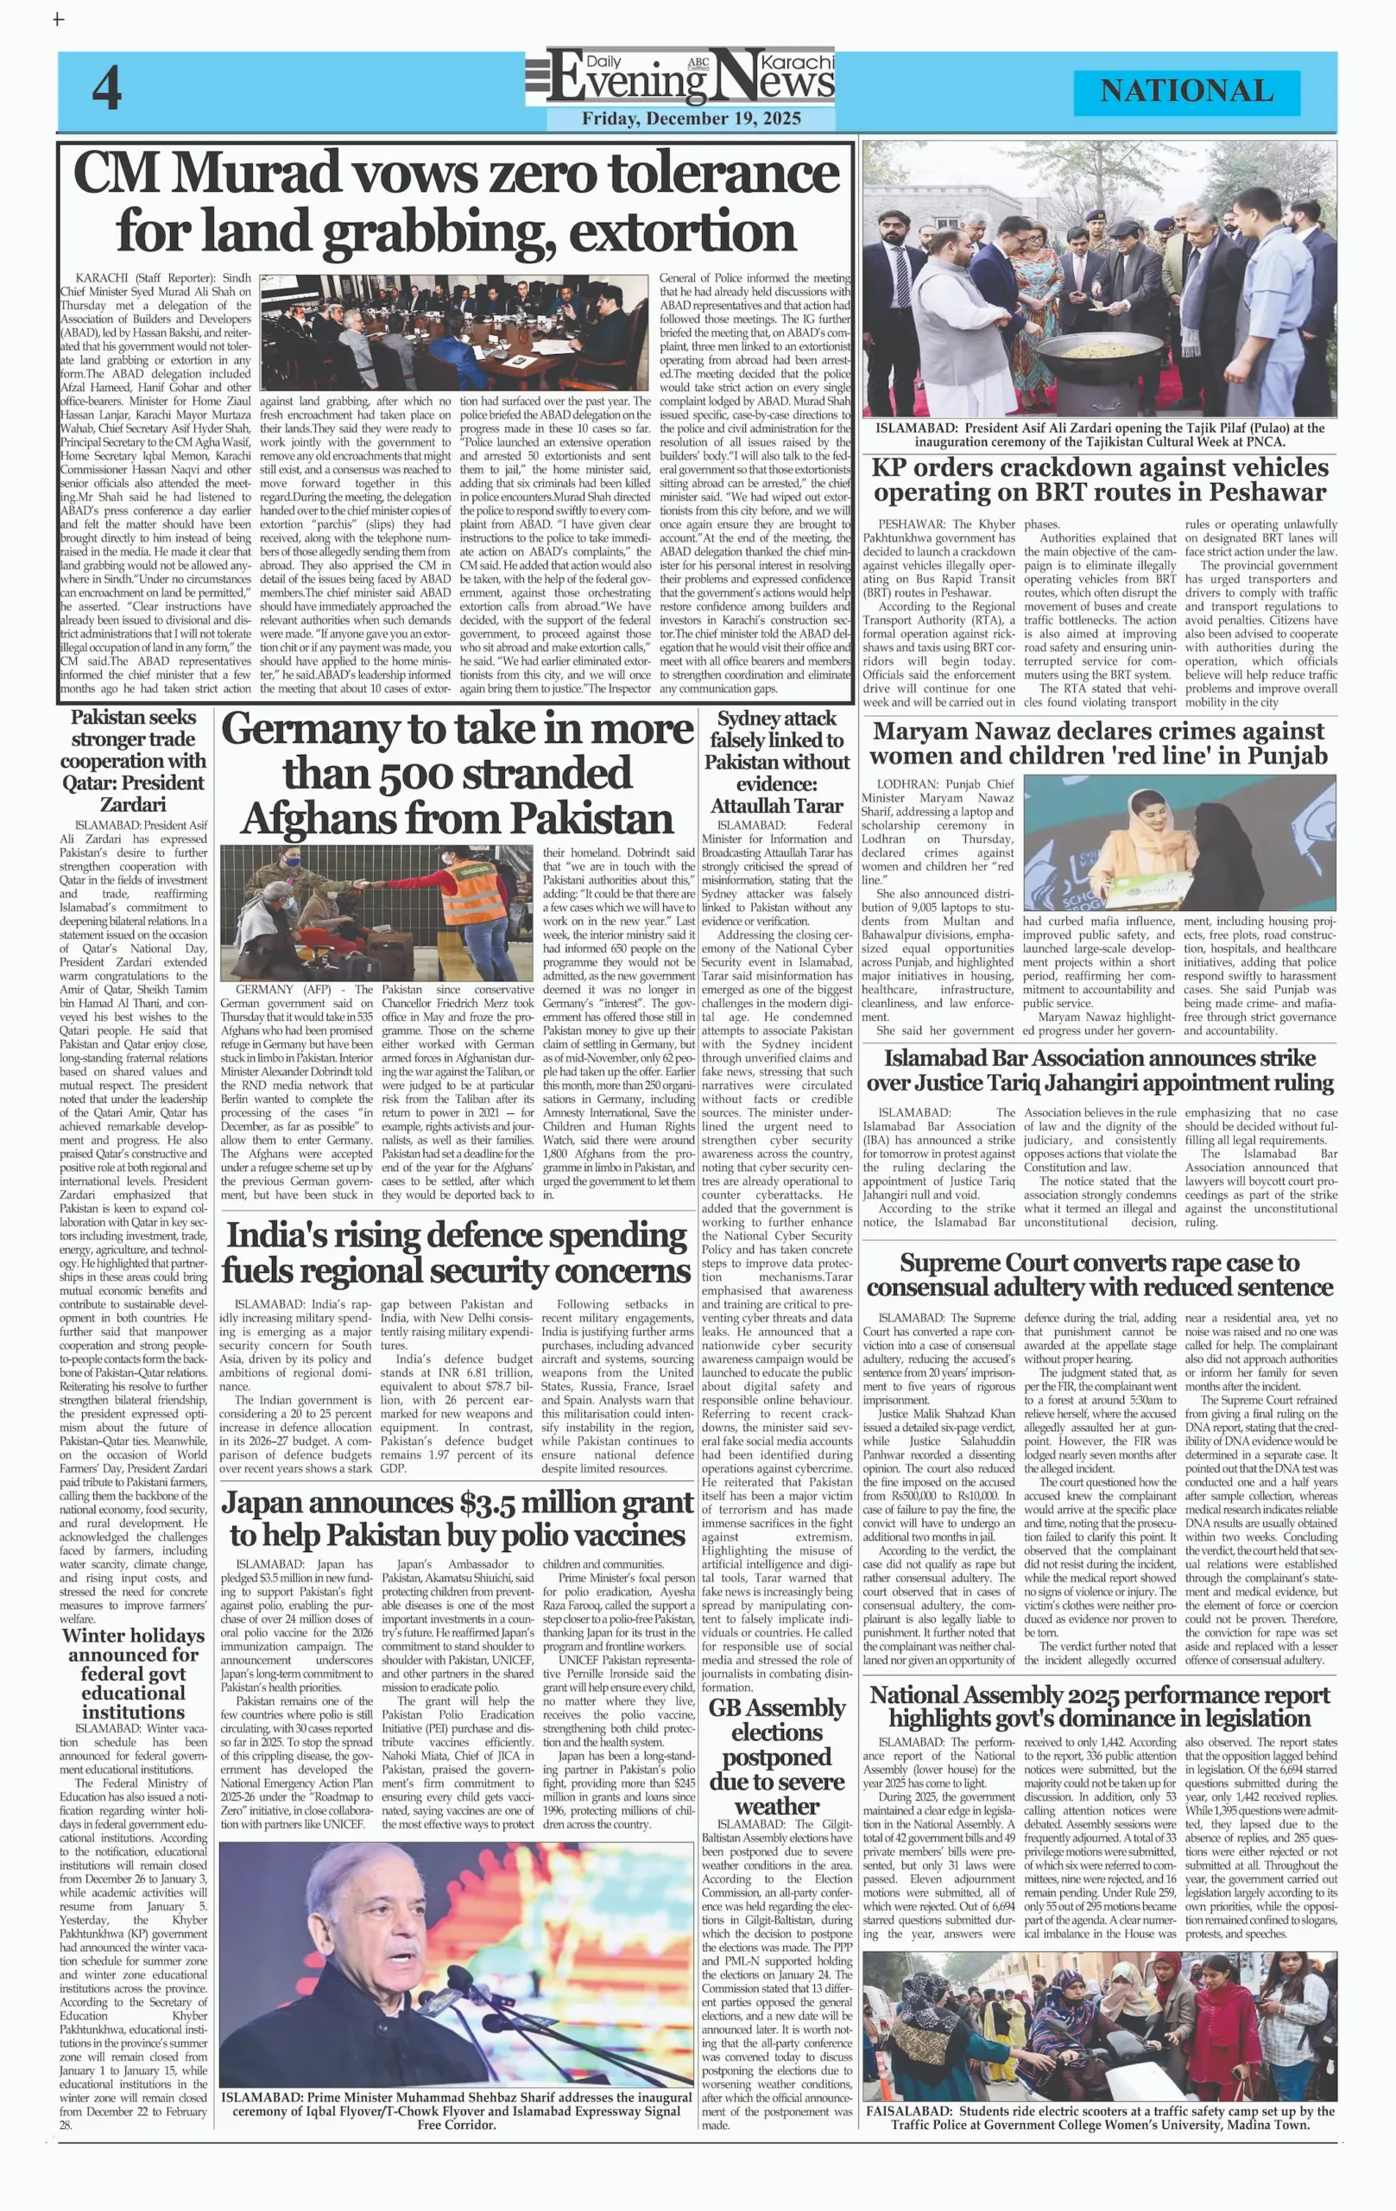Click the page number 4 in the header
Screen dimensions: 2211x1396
pos(106,90)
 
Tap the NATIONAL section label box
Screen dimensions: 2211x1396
pos(1186,91)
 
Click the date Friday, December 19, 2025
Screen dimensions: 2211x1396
pos(692,118)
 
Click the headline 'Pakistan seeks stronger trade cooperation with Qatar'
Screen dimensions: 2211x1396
pos(133,760)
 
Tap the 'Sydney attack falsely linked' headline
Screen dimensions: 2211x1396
pos(776,761)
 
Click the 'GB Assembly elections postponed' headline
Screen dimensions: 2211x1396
pos(776,1756)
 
